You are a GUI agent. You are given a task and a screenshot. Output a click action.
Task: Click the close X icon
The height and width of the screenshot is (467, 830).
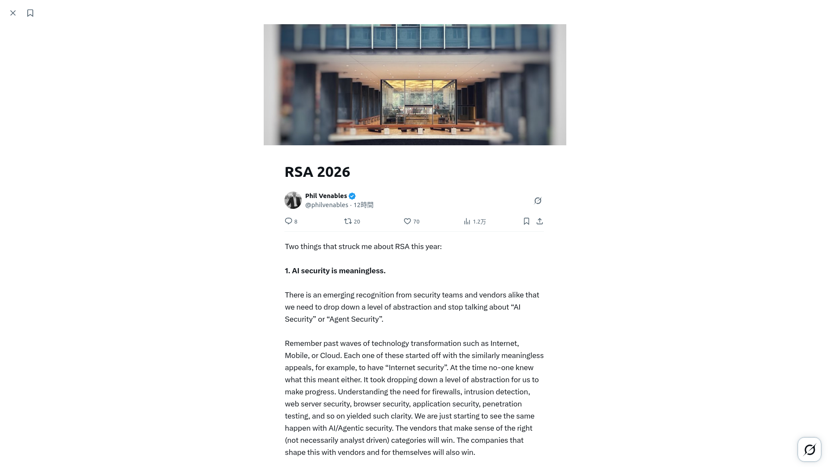click(x=13, y=13)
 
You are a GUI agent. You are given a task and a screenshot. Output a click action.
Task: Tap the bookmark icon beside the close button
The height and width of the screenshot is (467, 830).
click(x=30, y=13)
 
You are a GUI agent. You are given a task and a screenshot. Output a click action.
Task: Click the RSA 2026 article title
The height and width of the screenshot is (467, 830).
click(x=317, y=172)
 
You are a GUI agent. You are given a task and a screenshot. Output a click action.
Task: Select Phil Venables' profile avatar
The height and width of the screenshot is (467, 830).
click(x=293, y=200)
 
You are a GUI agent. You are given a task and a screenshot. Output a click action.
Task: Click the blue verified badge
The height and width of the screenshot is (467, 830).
click(x=352, y=196)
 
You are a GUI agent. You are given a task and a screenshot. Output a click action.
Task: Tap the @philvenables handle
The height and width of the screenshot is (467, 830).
click(x=326, y=205)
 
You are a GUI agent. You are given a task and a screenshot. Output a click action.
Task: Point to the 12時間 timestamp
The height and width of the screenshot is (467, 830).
click(x=364, y=205)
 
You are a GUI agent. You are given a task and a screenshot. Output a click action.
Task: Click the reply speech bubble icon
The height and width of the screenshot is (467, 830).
click(x=288, y=221)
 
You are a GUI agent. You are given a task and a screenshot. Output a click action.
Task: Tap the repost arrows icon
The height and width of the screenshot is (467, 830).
click(x=348, y=221)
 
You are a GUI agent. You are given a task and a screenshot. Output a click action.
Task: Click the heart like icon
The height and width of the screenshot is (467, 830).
click(x=407, y=221)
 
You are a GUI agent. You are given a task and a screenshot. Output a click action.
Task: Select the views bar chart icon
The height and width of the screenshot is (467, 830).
click(x=467, y=221)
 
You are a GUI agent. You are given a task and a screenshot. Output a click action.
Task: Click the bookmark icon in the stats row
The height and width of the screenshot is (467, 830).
click(x=526, y=221)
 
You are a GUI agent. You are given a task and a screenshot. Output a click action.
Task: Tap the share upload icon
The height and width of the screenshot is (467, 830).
click(x=539, y=221)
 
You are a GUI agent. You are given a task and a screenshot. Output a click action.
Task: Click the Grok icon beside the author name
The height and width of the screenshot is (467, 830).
click(x=538, y=201)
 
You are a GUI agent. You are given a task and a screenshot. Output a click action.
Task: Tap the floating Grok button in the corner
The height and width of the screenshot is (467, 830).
click(x=809, y=450)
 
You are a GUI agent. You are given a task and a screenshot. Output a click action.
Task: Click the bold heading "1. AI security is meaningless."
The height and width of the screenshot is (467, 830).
click(x=335, y=271)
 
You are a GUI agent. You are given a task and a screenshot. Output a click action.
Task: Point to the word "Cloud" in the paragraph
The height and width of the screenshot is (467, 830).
click(x=330, y=355)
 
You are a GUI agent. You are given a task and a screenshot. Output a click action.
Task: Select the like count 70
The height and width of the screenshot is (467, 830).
click(x=416, y=222)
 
